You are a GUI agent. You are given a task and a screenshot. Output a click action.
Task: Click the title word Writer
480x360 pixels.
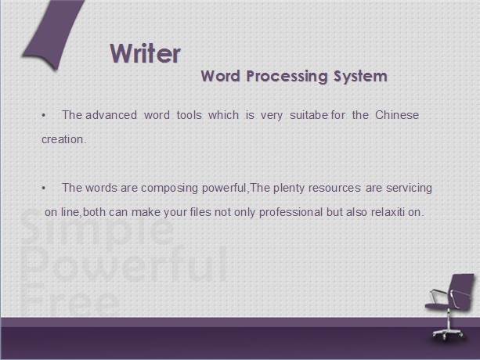tap(145, 53)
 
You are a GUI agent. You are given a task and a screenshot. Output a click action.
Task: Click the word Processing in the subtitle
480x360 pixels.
tap(287, 77)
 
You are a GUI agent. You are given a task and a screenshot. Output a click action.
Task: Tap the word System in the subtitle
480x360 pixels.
tap(360, 77)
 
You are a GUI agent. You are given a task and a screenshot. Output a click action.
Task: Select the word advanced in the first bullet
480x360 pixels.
tap(111, 115)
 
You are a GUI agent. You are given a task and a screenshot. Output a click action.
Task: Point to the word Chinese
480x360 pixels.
tap(397, 115)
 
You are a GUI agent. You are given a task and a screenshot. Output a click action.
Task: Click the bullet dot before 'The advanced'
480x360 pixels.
tap(44, 115)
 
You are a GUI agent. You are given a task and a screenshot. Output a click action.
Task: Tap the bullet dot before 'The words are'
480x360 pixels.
tap(44, 188)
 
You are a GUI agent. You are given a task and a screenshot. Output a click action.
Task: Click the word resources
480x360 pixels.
tap(334, 188)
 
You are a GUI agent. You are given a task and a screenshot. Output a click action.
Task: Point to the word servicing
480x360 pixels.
tap(409, 188)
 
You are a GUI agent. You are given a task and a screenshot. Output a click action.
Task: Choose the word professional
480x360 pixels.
tap(291, 212)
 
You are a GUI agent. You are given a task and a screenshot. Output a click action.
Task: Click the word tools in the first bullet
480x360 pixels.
tap(189, 115)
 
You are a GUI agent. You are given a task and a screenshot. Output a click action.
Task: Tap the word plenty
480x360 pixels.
tap(289, 188)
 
